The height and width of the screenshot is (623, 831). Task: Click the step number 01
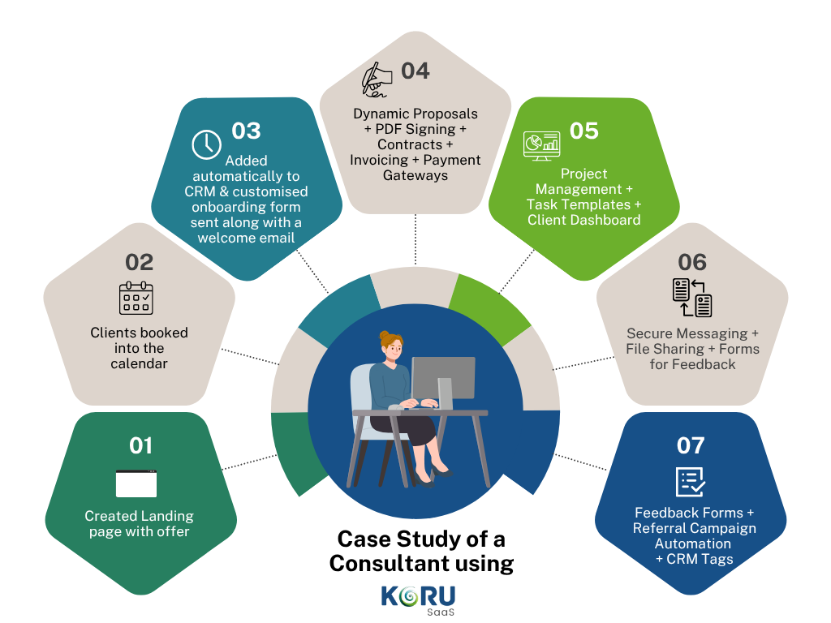tap(140, 445)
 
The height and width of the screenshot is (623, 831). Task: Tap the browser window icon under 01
tap(136, 483)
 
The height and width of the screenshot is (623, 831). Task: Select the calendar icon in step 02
tap(136, 298)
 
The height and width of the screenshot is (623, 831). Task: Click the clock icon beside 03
tap(206, 144)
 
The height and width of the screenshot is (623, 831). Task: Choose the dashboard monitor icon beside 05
tap(540, 145)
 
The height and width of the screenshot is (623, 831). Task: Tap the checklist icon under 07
tap(691, 481)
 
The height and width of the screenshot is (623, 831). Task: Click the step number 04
tap(415, 71)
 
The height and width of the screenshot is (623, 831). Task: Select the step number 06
tap(692, 262)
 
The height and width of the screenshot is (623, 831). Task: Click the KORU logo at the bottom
tap(418, 596)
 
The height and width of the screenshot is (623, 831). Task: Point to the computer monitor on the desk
tap(442, 379)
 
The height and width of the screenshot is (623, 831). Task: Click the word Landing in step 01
tap(167, 516)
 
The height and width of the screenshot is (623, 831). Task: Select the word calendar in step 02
tap(140, 363)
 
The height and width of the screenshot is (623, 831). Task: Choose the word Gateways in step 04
tap(415, 175)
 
